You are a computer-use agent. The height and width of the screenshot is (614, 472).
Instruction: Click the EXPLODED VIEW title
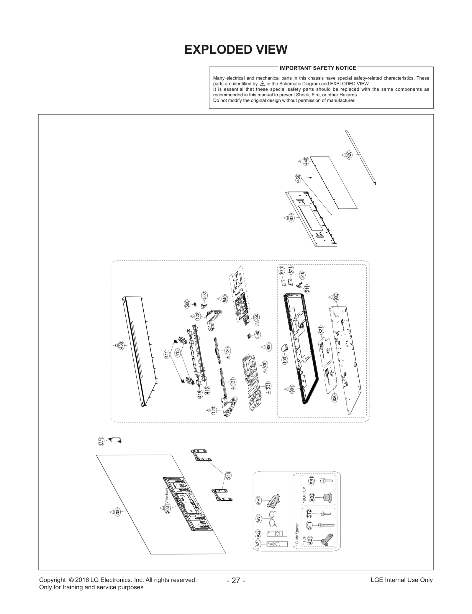pyautogui.click(x=236, y=49)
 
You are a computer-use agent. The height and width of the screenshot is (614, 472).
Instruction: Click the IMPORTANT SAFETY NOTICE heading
pyautogui.click(x=318, y=68)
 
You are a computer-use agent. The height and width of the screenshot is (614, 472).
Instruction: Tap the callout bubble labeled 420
pyautogui.click(x=349, y=155)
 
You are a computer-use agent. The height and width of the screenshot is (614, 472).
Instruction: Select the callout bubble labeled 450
pyautogui.click(x=298, y=178)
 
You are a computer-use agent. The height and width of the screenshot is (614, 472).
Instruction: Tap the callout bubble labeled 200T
pyautogui.click(x=167, y=508)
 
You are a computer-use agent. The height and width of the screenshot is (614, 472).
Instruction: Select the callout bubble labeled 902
pyautogui.click(x=336, y=297)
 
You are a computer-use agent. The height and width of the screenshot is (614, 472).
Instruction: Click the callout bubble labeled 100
pyautogui.click(x=285, y=360)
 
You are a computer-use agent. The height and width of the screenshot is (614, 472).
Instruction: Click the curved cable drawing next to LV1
pyautogui.click(x=115, y=440)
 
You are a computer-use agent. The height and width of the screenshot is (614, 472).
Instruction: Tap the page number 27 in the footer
pyautogui.click(x=236, y=580)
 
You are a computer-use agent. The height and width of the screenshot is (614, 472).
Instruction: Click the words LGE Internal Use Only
pyautogui.click(x=401, y=580)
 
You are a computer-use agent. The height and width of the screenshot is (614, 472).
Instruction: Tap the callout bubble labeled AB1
pyautogui.click(x=310, y=541)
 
